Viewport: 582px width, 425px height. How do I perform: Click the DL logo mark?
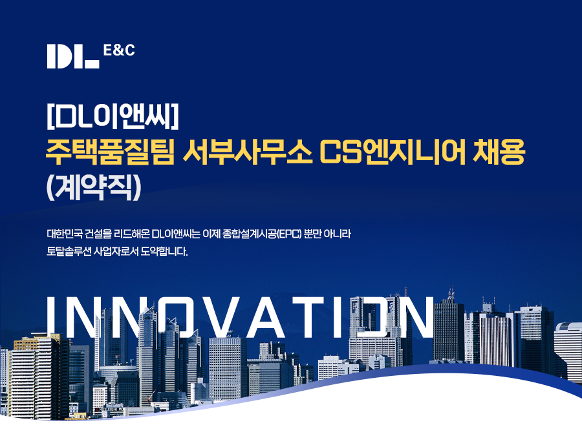coord(73,56)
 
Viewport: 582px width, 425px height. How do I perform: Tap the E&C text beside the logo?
coord(119,50)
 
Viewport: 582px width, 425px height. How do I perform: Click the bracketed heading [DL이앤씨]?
coord(113,116)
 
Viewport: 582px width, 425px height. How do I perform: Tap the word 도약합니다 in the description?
coord(164,251)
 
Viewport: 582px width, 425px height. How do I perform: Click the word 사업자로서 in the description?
coord(116,251)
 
